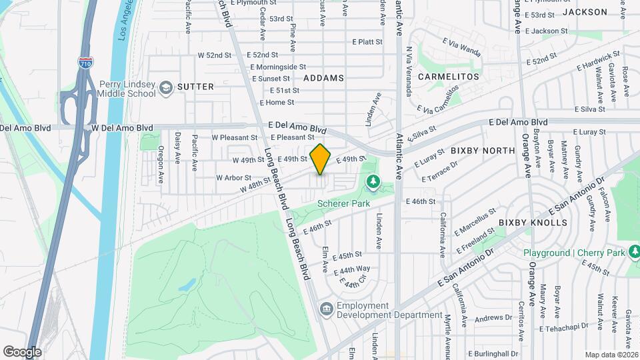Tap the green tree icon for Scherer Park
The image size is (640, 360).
[373, 181]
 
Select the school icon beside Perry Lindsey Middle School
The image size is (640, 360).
[165, 87]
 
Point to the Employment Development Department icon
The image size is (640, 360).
[327, 308]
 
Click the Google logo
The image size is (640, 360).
[22, 351]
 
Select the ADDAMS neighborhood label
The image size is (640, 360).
[323, 78]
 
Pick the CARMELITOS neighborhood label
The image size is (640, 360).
[449, 77]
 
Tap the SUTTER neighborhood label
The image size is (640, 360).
[195, 87]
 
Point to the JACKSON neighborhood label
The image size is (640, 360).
[585, 12]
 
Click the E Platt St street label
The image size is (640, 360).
[367, 41]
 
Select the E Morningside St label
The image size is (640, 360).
[278, 67]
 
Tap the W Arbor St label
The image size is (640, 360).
[233, 178]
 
